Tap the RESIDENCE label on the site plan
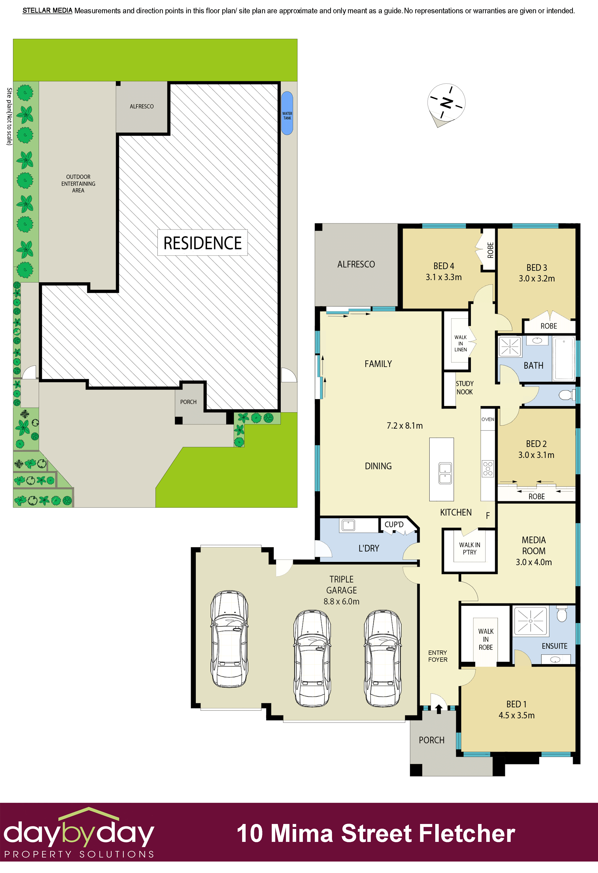(203, 243)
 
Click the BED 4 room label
(444, 266)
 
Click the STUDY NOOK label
(465, 388)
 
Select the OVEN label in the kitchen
(488, 419)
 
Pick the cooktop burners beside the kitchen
(488, 469)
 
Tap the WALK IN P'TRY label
(470, 548)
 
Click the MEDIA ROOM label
(534, 546)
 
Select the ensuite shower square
(530, 621)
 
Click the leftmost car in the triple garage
(229, 639)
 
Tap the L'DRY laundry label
(369, 548)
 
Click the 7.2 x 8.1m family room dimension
(405, 426)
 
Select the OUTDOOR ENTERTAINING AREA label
(78, 184)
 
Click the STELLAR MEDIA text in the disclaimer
(47, 10)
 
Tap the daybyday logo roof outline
(89, 813)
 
